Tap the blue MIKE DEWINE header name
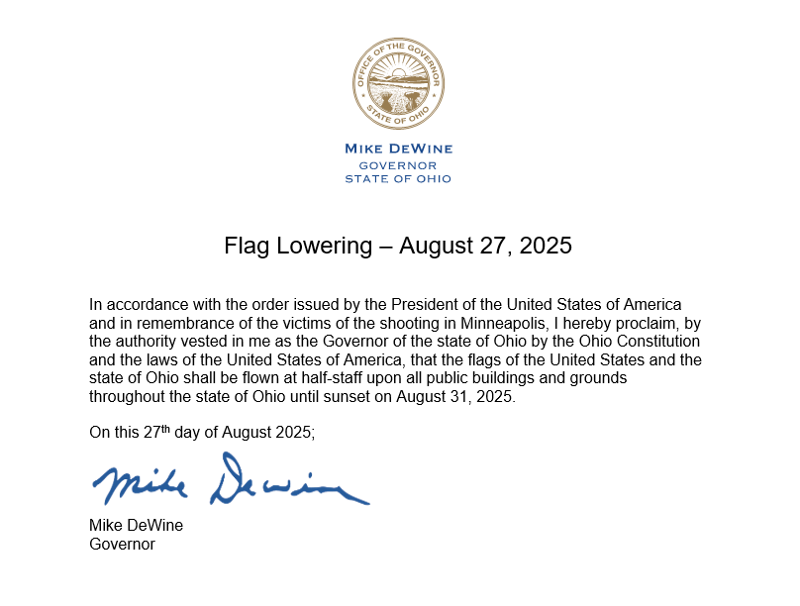tap(398, 149)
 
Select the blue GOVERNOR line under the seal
tap(398, 164)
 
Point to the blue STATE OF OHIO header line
tap(398, 179)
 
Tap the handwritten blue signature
tap(230, 480)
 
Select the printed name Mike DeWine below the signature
tap(136, 526)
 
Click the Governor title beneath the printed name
tap(122, 544)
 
